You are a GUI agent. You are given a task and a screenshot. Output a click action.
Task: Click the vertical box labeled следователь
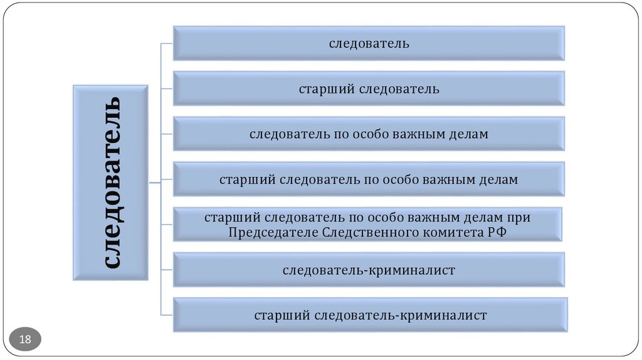(x=111, y=182)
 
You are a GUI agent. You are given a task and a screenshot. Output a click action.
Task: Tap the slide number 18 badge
(x=26, y=340)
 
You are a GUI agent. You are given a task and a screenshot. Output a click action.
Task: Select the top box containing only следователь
(x=369, y=43)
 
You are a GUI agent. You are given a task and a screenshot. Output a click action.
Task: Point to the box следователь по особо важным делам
(x=369, y=134)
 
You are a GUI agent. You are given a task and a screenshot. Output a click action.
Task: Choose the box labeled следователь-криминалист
(x=369, y=270)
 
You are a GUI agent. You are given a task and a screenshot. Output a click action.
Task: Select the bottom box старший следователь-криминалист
(x=370, y=315)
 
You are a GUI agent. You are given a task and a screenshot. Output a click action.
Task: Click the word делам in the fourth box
(x=498, y=180)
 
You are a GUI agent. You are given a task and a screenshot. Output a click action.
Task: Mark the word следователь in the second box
(x=399, y=89)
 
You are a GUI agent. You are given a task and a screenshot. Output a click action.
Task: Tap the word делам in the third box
(x=468, y=134)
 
